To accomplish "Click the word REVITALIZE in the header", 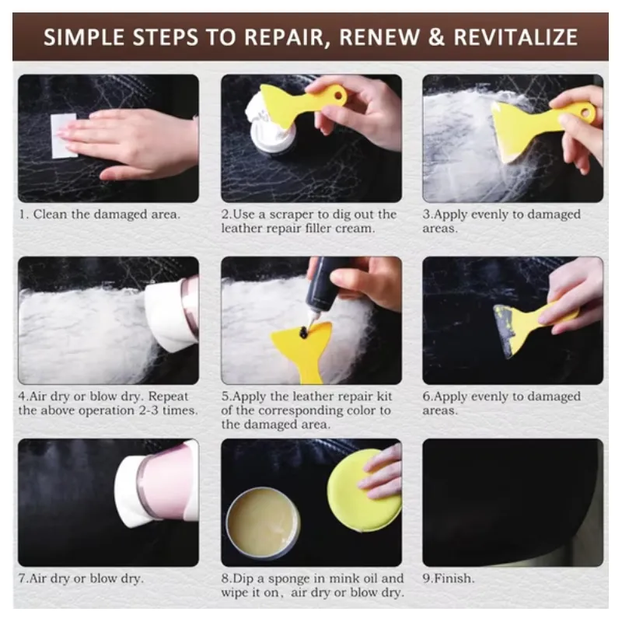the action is pos(515,37).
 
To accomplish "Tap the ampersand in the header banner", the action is pos(436,37).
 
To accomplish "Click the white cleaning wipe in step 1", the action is pos(64,135).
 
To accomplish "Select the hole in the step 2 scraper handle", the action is pos(339,95).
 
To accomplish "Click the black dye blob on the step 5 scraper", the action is pos(304,333).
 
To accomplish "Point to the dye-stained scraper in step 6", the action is pos(528,325).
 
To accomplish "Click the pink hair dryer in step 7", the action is pos(159,483).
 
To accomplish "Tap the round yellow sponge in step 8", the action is pos(363,490).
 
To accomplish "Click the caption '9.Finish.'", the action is pos(449,578).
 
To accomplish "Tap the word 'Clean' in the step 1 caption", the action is pos(50,215).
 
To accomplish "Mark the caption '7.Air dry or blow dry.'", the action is pos(81,578).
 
